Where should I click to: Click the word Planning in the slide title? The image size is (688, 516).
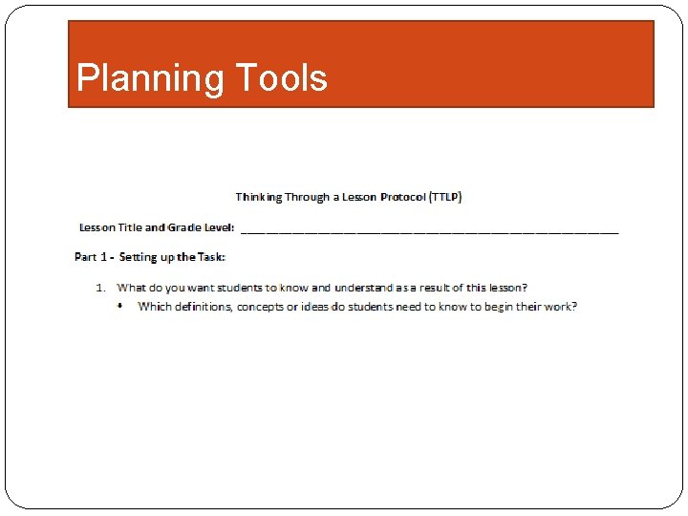pyautogui.click(x=135, y=78)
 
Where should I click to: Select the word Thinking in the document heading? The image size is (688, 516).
pyautogui.click(x=259, y=198)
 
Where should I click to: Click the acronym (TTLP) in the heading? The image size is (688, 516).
pyautogui.click(x=444, y=198)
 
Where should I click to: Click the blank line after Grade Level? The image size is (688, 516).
pyautogui.click(x=429, y=229)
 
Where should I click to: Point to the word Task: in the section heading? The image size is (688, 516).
pyautogui.click(x=211, y=257)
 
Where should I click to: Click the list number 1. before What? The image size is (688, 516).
pyautogui.click(x=99, y=288)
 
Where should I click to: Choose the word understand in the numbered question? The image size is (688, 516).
pyautogui.click(x=363, y=288)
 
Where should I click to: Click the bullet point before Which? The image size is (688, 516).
pyautogui.click(x=120, y=306)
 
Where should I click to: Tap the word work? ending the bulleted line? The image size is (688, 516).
pyautogui.click(x=561, y=307)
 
